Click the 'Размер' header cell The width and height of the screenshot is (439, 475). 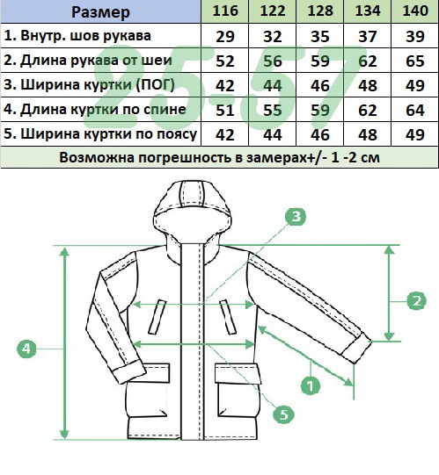[x=100, y=11]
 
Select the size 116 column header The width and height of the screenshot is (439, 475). [x=225, y=11]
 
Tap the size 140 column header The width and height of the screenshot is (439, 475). [x=415, y=11]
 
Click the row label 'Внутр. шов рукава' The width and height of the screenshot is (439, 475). [x=77, y=36]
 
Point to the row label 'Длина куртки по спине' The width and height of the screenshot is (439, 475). [x=95, y=110]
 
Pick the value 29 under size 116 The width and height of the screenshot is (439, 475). [x=225, y=36]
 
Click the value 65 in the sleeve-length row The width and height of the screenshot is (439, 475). [x=415, y=61]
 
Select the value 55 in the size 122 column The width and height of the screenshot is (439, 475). [x=273, y=110]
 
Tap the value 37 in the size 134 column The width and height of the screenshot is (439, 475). [x=368, y=36]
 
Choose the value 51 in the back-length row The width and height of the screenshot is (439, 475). [x=225, y=110]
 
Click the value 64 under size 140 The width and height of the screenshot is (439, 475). [x=415, y=110]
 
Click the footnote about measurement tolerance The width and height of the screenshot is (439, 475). [x=219, y=157]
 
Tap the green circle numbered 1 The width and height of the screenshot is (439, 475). [x=311, y=385]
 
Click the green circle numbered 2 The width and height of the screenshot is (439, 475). [x=416, y=300]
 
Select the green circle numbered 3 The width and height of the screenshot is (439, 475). [x=296, y=216]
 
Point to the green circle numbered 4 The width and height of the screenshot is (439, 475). [x=26, y=349]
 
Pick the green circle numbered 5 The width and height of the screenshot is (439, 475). [x=283, y=414]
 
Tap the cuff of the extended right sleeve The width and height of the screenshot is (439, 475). [x=355, y=348]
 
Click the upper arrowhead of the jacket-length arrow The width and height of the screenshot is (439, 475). [x=64, y=251]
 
